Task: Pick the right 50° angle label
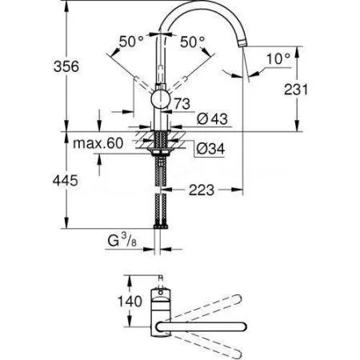point(191,41)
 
